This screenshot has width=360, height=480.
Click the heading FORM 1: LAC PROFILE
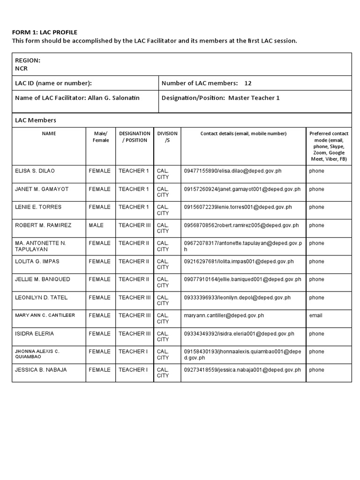[45, 32]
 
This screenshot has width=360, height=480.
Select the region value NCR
[22, 68]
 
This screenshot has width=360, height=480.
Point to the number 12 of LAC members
[248, 83]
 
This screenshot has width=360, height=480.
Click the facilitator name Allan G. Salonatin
[113, 98]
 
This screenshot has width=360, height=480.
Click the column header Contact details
[243, 134]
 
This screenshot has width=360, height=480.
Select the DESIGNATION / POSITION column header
[135, 137]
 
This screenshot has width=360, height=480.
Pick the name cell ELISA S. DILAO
[35, 171]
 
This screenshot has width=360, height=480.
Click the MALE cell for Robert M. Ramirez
[96, 225]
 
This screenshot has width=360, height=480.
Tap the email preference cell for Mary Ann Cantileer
[315, 315]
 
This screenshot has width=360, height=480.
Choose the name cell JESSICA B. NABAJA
[41, 370]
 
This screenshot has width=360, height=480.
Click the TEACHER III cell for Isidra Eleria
[135, 334]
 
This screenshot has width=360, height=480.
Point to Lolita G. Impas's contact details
[239, 262]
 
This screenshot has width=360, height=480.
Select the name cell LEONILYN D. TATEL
[41, 298]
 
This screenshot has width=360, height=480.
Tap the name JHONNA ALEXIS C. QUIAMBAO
[37, 354]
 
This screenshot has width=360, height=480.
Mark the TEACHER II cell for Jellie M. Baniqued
[134, 279]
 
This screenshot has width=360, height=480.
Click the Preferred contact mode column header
[329, 146]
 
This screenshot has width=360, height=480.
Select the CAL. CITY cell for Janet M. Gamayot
[163, 192]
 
